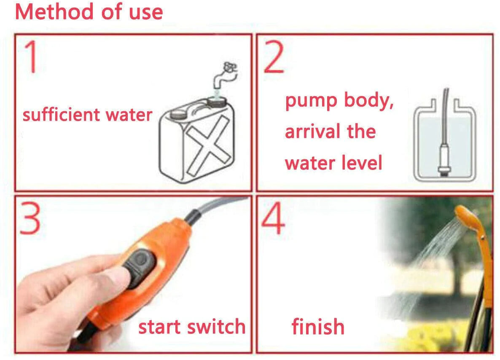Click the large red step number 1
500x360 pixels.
tap(31, 57)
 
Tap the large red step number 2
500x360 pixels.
tap(274, 57)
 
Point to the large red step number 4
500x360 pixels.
tap(273, 218)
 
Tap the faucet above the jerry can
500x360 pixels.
tap(226, 75)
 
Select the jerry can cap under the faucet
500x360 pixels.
tap(217, 102)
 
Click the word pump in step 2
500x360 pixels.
tap(311, 102)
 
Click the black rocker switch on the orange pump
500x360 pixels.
tap(140, 268)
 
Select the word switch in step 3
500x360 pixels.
tap(216, 327)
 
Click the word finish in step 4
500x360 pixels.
tap(318, 327)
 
